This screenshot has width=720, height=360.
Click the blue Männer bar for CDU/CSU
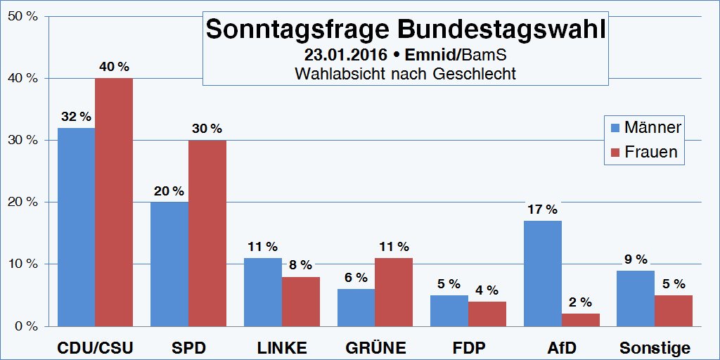pyautogui.click(x=76, y=226)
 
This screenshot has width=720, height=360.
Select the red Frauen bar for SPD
pyautogui.click(x=207, y=233)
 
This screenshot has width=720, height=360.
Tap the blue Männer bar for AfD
pyautogui.click(x=543, y=273)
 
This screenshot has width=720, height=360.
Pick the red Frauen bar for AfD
pyautogui.click(x=581, y=320)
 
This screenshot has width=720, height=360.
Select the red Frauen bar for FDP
pyautogui.click(x=487, y=314)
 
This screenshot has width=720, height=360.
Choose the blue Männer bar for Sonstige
pyautogui.click(x=636, y=298)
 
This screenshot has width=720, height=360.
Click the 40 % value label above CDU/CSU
pyautogui.click(x=113, y=67)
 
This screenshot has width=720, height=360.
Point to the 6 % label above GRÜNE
pyautogui.click(x=356, y=278)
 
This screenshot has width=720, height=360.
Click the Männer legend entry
pyautogui.click(x=644, y=128)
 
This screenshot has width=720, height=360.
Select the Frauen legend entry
pyautogui.click(x=644, y=152)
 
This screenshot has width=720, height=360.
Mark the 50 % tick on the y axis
pyautogui.click(x=22, y=16)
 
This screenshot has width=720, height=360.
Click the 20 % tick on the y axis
pyautogui.click(x=22, y=202)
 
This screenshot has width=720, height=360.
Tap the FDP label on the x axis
pyautogui.click(x=468, y=348)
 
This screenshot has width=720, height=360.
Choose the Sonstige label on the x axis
pyautogui.click(x=655, y=348)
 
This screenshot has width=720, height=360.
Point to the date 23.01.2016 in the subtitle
pyautogui.click(x=345, y=54)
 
